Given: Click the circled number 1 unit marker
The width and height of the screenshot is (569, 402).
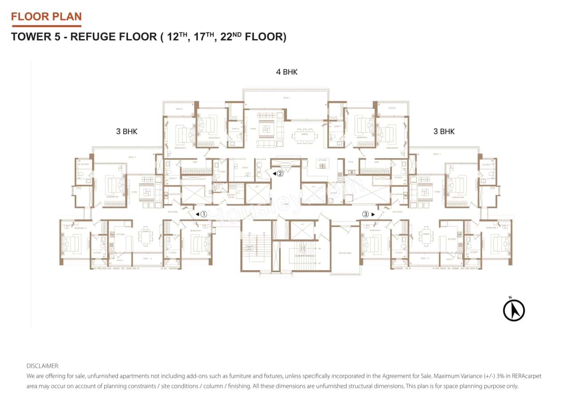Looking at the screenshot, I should (x=204, y=214).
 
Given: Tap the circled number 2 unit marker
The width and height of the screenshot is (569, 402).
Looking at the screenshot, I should (x=280, y=173).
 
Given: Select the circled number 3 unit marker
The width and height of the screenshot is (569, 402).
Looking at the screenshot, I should (x=365, y=214).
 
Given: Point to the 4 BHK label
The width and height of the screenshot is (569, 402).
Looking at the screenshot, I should (x=287, y=72).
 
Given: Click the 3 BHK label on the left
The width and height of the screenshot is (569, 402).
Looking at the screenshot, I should (x=127, y=131).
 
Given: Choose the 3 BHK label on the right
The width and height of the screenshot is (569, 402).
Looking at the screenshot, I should (x=444, y=131).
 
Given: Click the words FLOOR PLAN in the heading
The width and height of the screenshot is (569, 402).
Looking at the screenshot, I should (x=46, y=17).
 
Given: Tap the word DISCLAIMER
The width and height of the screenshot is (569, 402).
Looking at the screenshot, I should (x=43, y=366).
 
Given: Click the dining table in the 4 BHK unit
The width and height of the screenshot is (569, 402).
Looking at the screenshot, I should (x=305, y=137).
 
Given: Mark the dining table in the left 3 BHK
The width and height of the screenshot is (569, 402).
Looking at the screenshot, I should (x=146, y=236).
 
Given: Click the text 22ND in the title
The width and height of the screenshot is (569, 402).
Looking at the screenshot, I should (x=232, y=36).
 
